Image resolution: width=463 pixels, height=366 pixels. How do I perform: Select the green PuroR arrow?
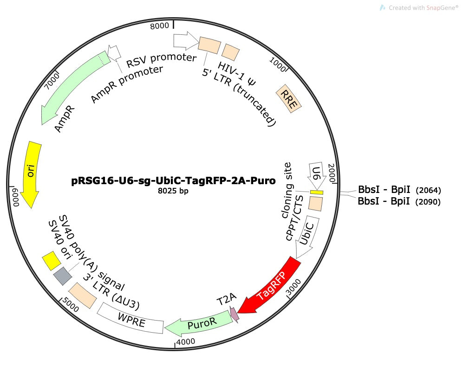click(201, 324)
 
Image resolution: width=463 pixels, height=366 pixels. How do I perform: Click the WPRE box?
click(130, 318)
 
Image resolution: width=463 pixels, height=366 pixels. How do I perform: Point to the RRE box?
click(288, 99)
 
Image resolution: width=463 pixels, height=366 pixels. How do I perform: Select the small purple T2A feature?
click(234, 315)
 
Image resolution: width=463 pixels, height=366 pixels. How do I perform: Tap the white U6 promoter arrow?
click(317, 175)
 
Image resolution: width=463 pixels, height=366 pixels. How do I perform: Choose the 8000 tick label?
click(159, 26)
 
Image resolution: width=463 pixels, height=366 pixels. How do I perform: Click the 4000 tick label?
click(185, 341)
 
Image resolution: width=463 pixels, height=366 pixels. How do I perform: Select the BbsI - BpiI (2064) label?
click(399, 190)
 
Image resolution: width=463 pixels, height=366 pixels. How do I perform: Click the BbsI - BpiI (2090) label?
click(399, 201)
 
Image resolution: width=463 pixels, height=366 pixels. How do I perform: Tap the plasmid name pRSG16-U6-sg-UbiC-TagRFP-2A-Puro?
click(173, 180)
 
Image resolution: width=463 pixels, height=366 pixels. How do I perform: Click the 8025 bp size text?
click(173, 191)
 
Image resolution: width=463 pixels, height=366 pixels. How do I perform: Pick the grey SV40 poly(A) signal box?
click(63, 276)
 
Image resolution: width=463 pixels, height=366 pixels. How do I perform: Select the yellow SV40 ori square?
click(52, 261)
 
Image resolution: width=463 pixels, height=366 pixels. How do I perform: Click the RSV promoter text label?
click(161, 59)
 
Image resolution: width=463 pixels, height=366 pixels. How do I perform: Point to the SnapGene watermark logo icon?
click(382, 8)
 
